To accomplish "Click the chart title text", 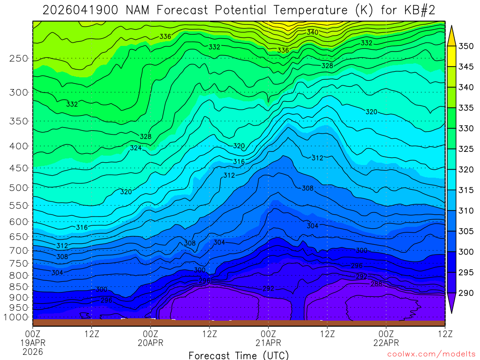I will [x=240, y=10].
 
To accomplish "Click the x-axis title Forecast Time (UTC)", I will [x=239, y=355].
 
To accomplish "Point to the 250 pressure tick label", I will [x=19, y=59].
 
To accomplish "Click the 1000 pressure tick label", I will [x=16, y=317].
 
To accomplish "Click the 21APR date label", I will [x=268, y=342].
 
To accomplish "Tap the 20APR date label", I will [x=150, y=342].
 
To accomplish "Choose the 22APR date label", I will [x=386, y=342].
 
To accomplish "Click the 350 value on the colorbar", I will [x=466, y=46].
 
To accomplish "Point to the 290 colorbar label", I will [x=466, y=293].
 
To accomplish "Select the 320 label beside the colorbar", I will [x=466, y=170].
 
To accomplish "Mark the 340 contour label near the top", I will [x=313, y=32].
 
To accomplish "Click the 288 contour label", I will [x=376, y=284].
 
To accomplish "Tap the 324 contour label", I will [x=136, y=148].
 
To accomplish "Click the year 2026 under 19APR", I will [x=33, y=351].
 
